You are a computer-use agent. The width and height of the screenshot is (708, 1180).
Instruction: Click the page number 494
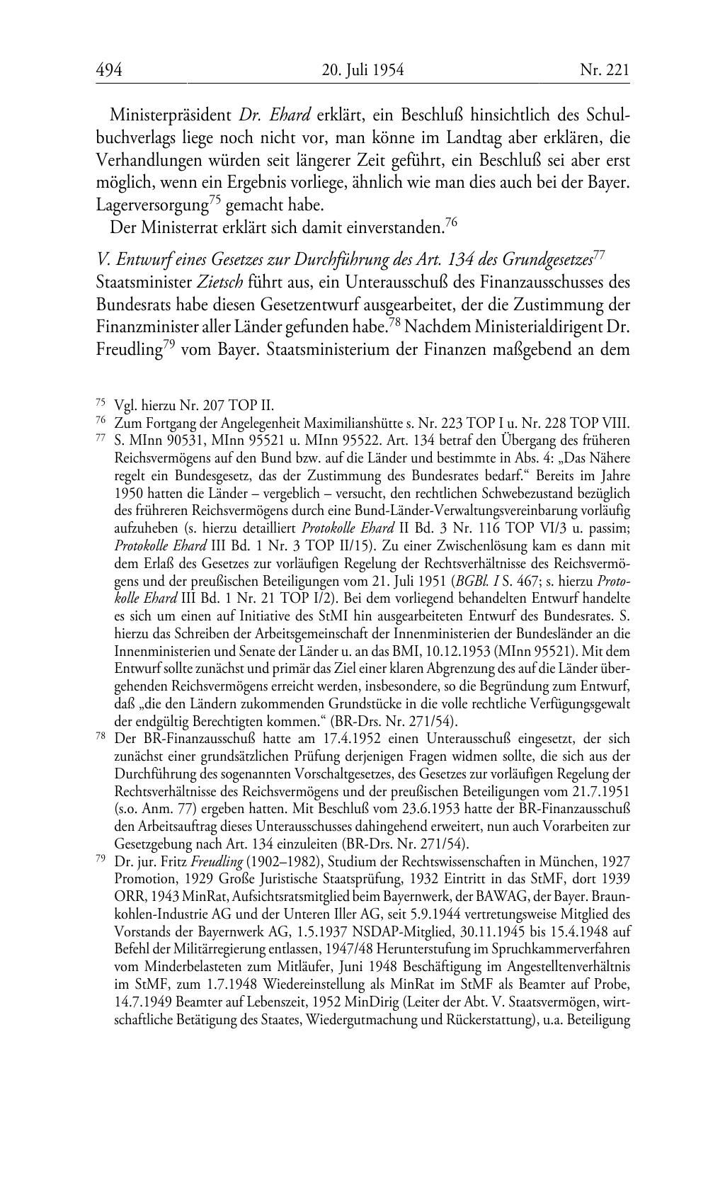coord(110,70)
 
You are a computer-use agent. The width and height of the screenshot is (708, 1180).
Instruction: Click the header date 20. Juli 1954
coord(362,70)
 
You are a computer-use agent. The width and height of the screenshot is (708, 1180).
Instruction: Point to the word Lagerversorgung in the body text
coord(152,206)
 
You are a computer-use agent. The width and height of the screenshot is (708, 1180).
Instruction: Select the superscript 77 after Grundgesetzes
coord(598,254)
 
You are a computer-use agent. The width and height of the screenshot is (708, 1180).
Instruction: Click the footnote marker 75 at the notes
coord(101,404)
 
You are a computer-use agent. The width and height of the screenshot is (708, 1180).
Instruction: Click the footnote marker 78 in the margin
coord(101,737)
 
